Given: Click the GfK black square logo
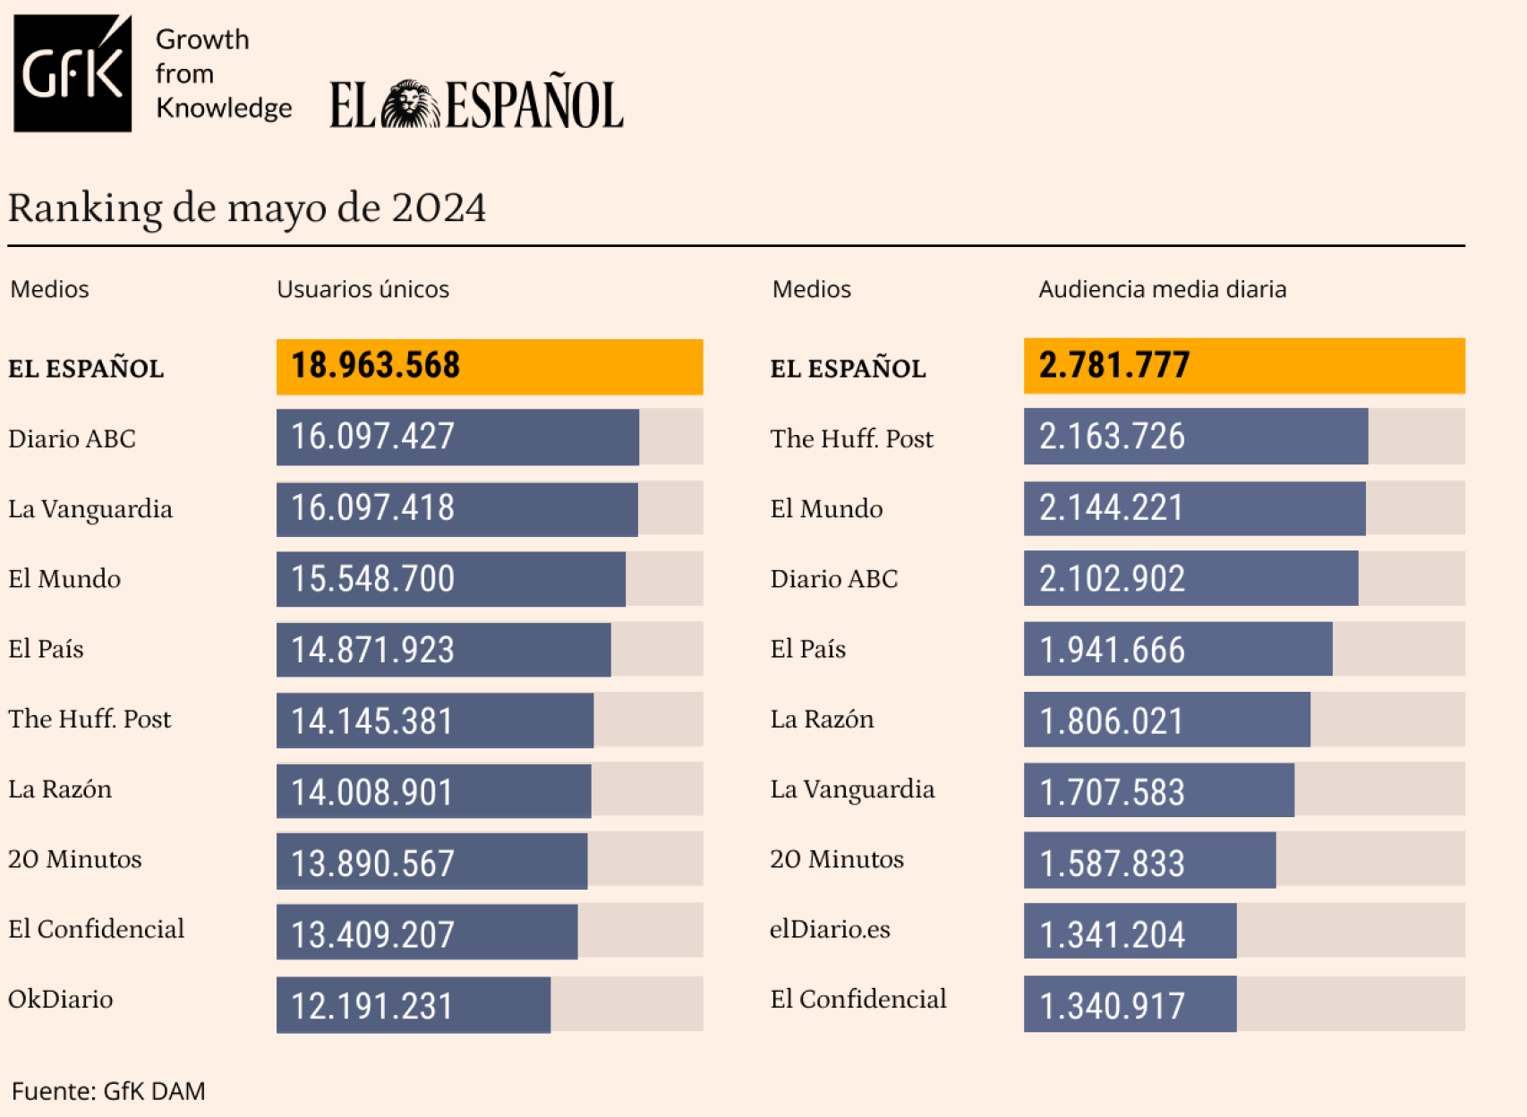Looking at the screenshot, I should pos(73,73).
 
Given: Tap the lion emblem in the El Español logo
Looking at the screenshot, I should pos(410,105).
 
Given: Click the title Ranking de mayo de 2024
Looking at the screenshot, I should pos(247,209).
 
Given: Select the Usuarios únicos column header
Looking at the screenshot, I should pos(363,289).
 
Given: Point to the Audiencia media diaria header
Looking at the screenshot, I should pos(1162,289).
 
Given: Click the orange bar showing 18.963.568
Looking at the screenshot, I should pos(489,366).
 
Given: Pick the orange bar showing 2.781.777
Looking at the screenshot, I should pos(1243,366).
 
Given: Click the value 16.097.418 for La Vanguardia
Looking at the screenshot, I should pos(373,508).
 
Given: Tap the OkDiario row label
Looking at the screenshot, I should pos(61,1000).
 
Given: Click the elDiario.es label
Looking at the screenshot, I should pos(830,930).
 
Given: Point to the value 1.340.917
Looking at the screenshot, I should pos(1112,1006).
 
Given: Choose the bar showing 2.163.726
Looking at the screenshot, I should pos(1195,437).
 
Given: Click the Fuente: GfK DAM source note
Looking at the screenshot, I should pos(108,1091).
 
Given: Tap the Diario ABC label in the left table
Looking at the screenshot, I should pos(72,439).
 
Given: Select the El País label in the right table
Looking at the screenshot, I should pos(807,649).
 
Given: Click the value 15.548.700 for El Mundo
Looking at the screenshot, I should pos(373,579).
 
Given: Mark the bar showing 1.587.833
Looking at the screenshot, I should pos(1149,861).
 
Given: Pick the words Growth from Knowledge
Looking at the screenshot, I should pos(223,73).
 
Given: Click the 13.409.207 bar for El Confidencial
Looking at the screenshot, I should pos(427,933).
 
